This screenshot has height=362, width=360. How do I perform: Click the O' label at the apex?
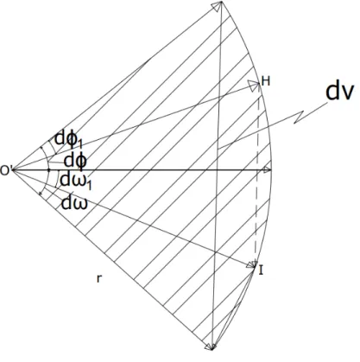pyautogui.click(x=5, y=170)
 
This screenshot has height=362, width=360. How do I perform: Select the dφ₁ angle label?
pyautogui.click(x=68, y=139)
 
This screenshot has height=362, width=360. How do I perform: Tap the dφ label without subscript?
pyautogui.click(x=75, y=160)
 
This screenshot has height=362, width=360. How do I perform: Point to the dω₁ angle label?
pyautogui.click(x=76, y=181)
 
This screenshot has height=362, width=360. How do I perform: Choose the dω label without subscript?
pyautogui.click(x=74, y=203)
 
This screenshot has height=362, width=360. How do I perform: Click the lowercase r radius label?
pyautogui.click(x=99, y=278)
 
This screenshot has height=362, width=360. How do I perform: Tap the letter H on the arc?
pyautogui.click(x=266, y=81)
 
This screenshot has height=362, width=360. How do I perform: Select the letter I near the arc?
pyautogui.click(x=261, y=270)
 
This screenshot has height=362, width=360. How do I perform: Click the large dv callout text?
pyautogui.click(x=339, y=92)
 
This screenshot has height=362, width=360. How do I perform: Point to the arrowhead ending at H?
pyautogui.click(x=255, y=86)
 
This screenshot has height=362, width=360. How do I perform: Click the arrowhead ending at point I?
pyautogui.click(x=251, y=264)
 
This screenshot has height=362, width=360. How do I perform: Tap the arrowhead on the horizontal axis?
pyautogui.click(x=267, y=170)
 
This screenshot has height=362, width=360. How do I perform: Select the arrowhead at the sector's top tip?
pyautogui.click(x=218, y=6)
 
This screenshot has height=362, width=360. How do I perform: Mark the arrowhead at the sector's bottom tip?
pyautogui.click(x=211, y=346)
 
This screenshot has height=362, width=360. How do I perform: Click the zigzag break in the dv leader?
pyautogui.click(x=300, y=117)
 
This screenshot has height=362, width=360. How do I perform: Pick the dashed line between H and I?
pyautogui.click(x=257, y=175)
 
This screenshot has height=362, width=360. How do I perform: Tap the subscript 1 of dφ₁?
pyautogui.click(x=80, y=143)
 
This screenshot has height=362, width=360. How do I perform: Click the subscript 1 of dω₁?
pyautogui.click(x=89, y=185)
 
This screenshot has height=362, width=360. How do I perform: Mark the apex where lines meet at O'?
pyautogui.click(x=12, y=170)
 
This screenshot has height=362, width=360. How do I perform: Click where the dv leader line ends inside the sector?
pyautogui.click(x=218, y=149)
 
